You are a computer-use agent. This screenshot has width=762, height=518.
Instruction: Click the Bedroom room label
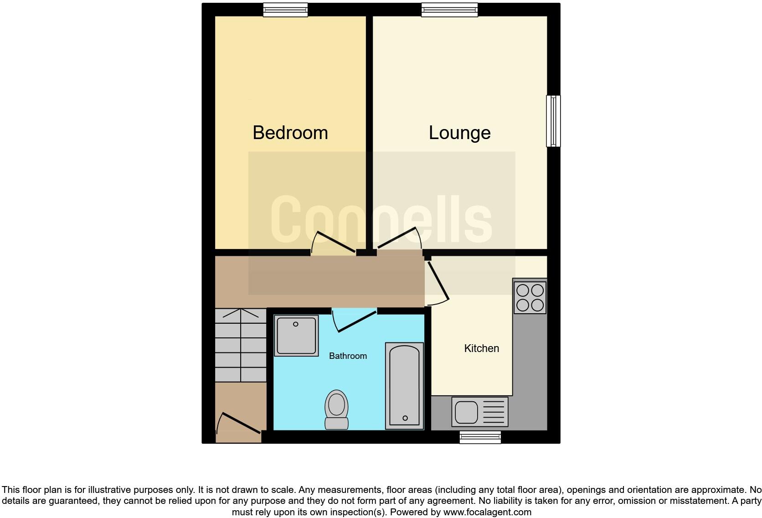tap(290, 133)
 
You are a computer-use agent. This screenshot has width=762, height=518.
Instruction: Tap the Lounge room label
tap(459, 133)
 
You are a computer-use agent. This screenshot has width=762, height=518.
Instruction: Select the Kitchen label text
tap(481, 348)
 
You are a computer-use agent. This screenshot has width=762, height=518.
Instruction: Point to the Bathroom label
tap(348, 356)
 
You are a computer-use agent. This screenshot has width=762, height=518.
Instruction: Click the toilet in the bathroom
tap(336, 409)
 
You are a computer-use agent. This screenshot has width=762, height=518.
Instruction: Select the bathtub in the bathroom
tap(404, 386)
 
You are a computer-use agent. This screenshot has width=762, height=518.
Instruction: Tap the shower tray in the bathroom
tap(296, 335)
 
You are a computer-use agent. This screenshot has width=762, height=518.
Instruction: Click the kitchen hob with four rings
tap(530, 297)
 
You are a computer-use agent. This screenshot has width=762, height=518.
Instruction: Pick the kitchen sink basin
tap(466, 412)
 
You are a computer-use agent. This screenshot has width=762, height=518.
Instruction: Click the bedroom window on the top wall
tap(286, 10)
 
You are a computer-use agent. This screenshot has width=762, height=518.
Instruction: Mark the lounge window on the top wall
tap(449, 10)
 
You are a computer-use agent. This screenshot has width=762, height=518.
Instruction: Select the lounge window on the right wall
tap(553, 121)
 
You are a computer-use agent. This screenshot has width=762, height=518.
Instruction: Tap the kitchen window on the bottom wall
tap(480, 437)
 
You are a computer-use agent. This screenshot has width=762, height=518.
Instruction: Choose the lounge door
tap(398, 238)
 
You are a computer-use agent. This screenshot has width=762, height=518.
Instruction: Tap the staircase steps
tap(241, 345)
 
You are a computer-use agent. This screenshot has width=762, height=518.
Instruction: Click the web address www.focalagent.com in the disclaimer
tap(487, 512)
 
